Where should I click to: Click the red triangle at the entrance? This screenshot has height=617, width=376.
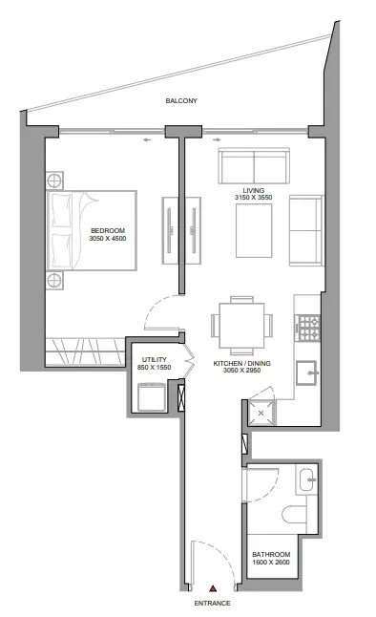pyautogui.click(x=213, y=588)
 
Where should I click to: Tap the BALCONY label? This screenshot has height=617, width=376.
pyautogui.click(x=181, y=100)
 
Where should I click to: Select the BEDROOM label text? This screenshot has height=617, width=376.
pyautogui.click(x=108, y=230)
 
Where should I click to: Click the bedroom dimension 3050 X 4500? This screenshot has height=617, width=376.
pyautogui.click(x=108, y=239)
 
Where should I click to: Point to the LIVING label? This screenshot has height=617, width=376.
pyautogui.click(x=253, y=191)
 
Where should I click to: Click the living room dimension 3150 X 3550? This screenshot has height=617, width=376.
pyautogui.click(x=253, y=198)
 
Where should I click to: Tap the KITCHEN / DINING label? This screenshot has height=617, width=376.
pyautogui.click(x=241, y=364)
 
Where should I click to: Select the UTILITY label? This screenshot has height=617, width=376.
pyautogui.click(x=155, y=360)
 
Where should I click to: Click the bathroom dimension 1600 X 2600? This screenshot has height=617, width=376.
pyautogui.click(x=271, y=563)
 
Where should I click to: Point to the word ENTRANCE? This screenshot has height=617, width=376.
pyautogui.click(x=213, y=604)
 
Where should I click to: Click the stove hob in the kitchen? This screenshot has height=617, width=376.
pyautogui.click(x=309, y=328)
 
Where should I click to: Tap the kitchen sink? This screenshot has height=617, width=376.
pyautogui.click(x=306, y=372)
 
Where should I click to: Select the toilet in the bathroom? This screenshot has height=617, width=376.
pyautogui.click(x=294, y=515)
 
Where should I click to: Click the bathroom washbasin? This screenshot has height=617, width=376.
pyautogui.click(x=307, y=479)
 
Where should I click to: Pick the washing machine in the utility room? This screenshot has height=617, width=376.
pyautogui.click(x=152, y=397)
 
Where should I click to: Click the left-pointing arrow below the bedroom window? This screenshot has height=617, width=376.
pyautogui.click(x=147, y=139)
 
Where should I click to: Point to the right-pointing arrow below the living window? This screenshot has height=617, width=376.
pyautogui.click(x=217, y=139)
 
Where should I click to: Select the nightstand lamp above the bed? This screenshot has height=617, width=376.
pyautogui.click(x=54, y=181)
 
